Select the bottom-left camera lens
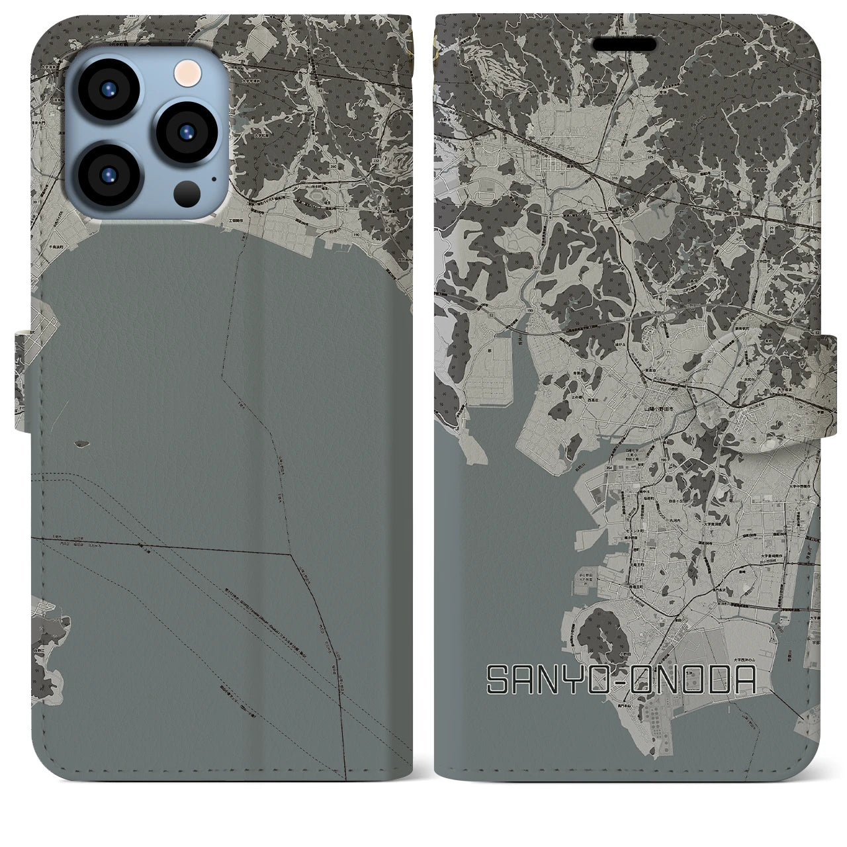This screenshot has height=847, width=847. (107, 175)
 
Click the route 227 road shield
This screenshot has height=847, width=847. (535, 267)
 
